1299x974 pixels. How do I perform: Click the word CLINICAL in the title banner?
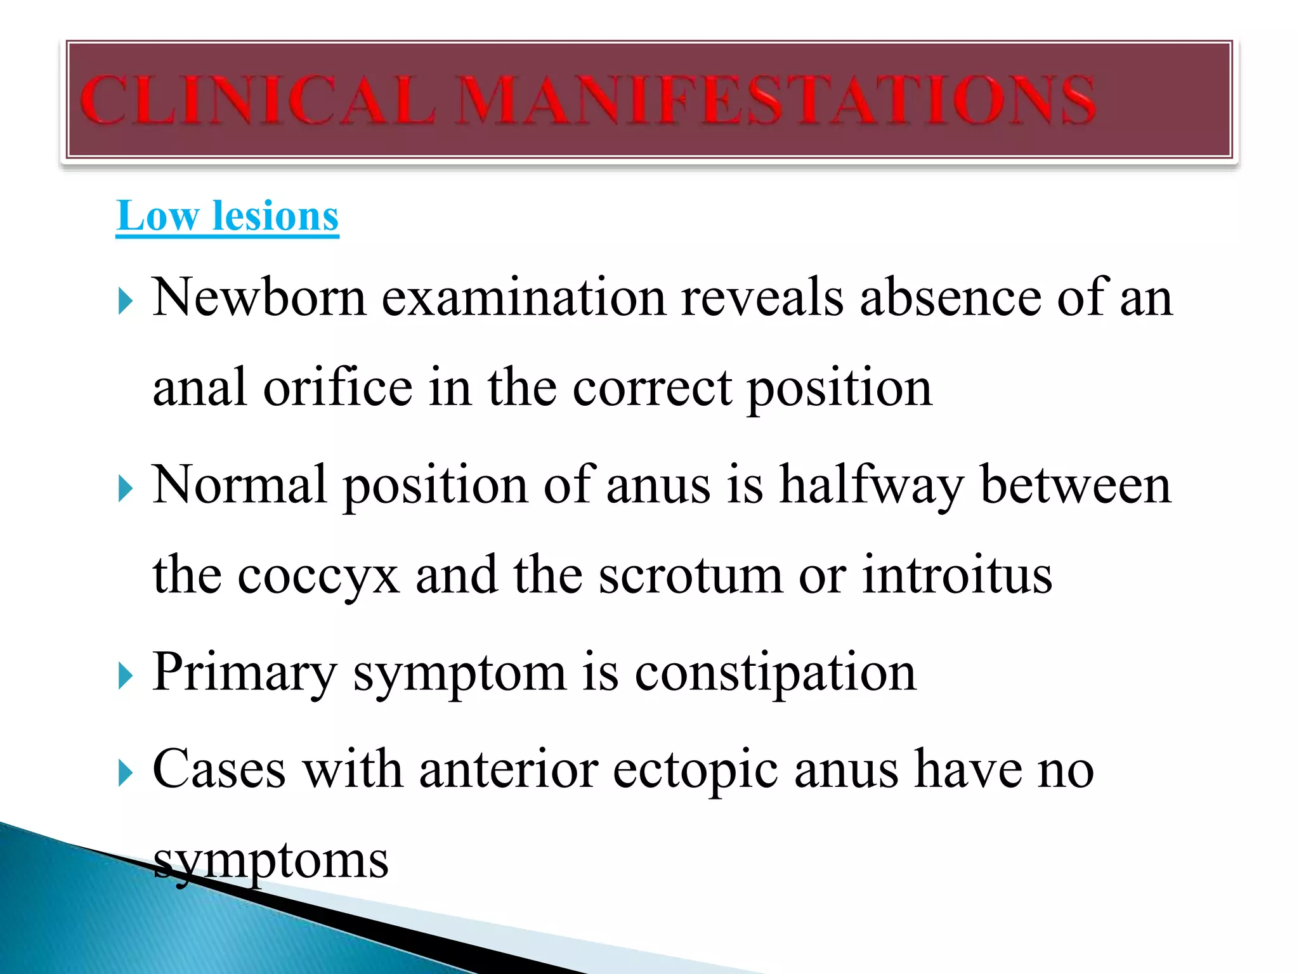point(258,100)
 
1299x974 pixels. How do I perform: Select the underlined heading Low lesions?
point(228,216)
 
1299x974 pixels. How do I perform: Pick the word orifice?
point(338,387)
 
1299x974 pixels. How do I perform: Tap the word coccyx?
point(318,576)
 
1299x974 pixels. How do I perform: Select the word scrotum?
point(691,576)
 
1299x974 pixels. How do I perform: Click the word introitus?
point(957,576)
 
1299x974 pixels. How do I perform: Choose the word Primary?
point(244,673)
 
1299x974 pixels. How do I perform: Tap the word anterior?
point(509,770)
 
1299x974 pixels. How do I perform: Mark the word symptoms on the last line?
point(271,861)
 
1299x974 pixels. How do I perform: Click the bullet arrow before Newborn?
point(126,302)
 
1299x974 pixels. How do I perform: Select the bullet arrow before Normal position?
point(126,490)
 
